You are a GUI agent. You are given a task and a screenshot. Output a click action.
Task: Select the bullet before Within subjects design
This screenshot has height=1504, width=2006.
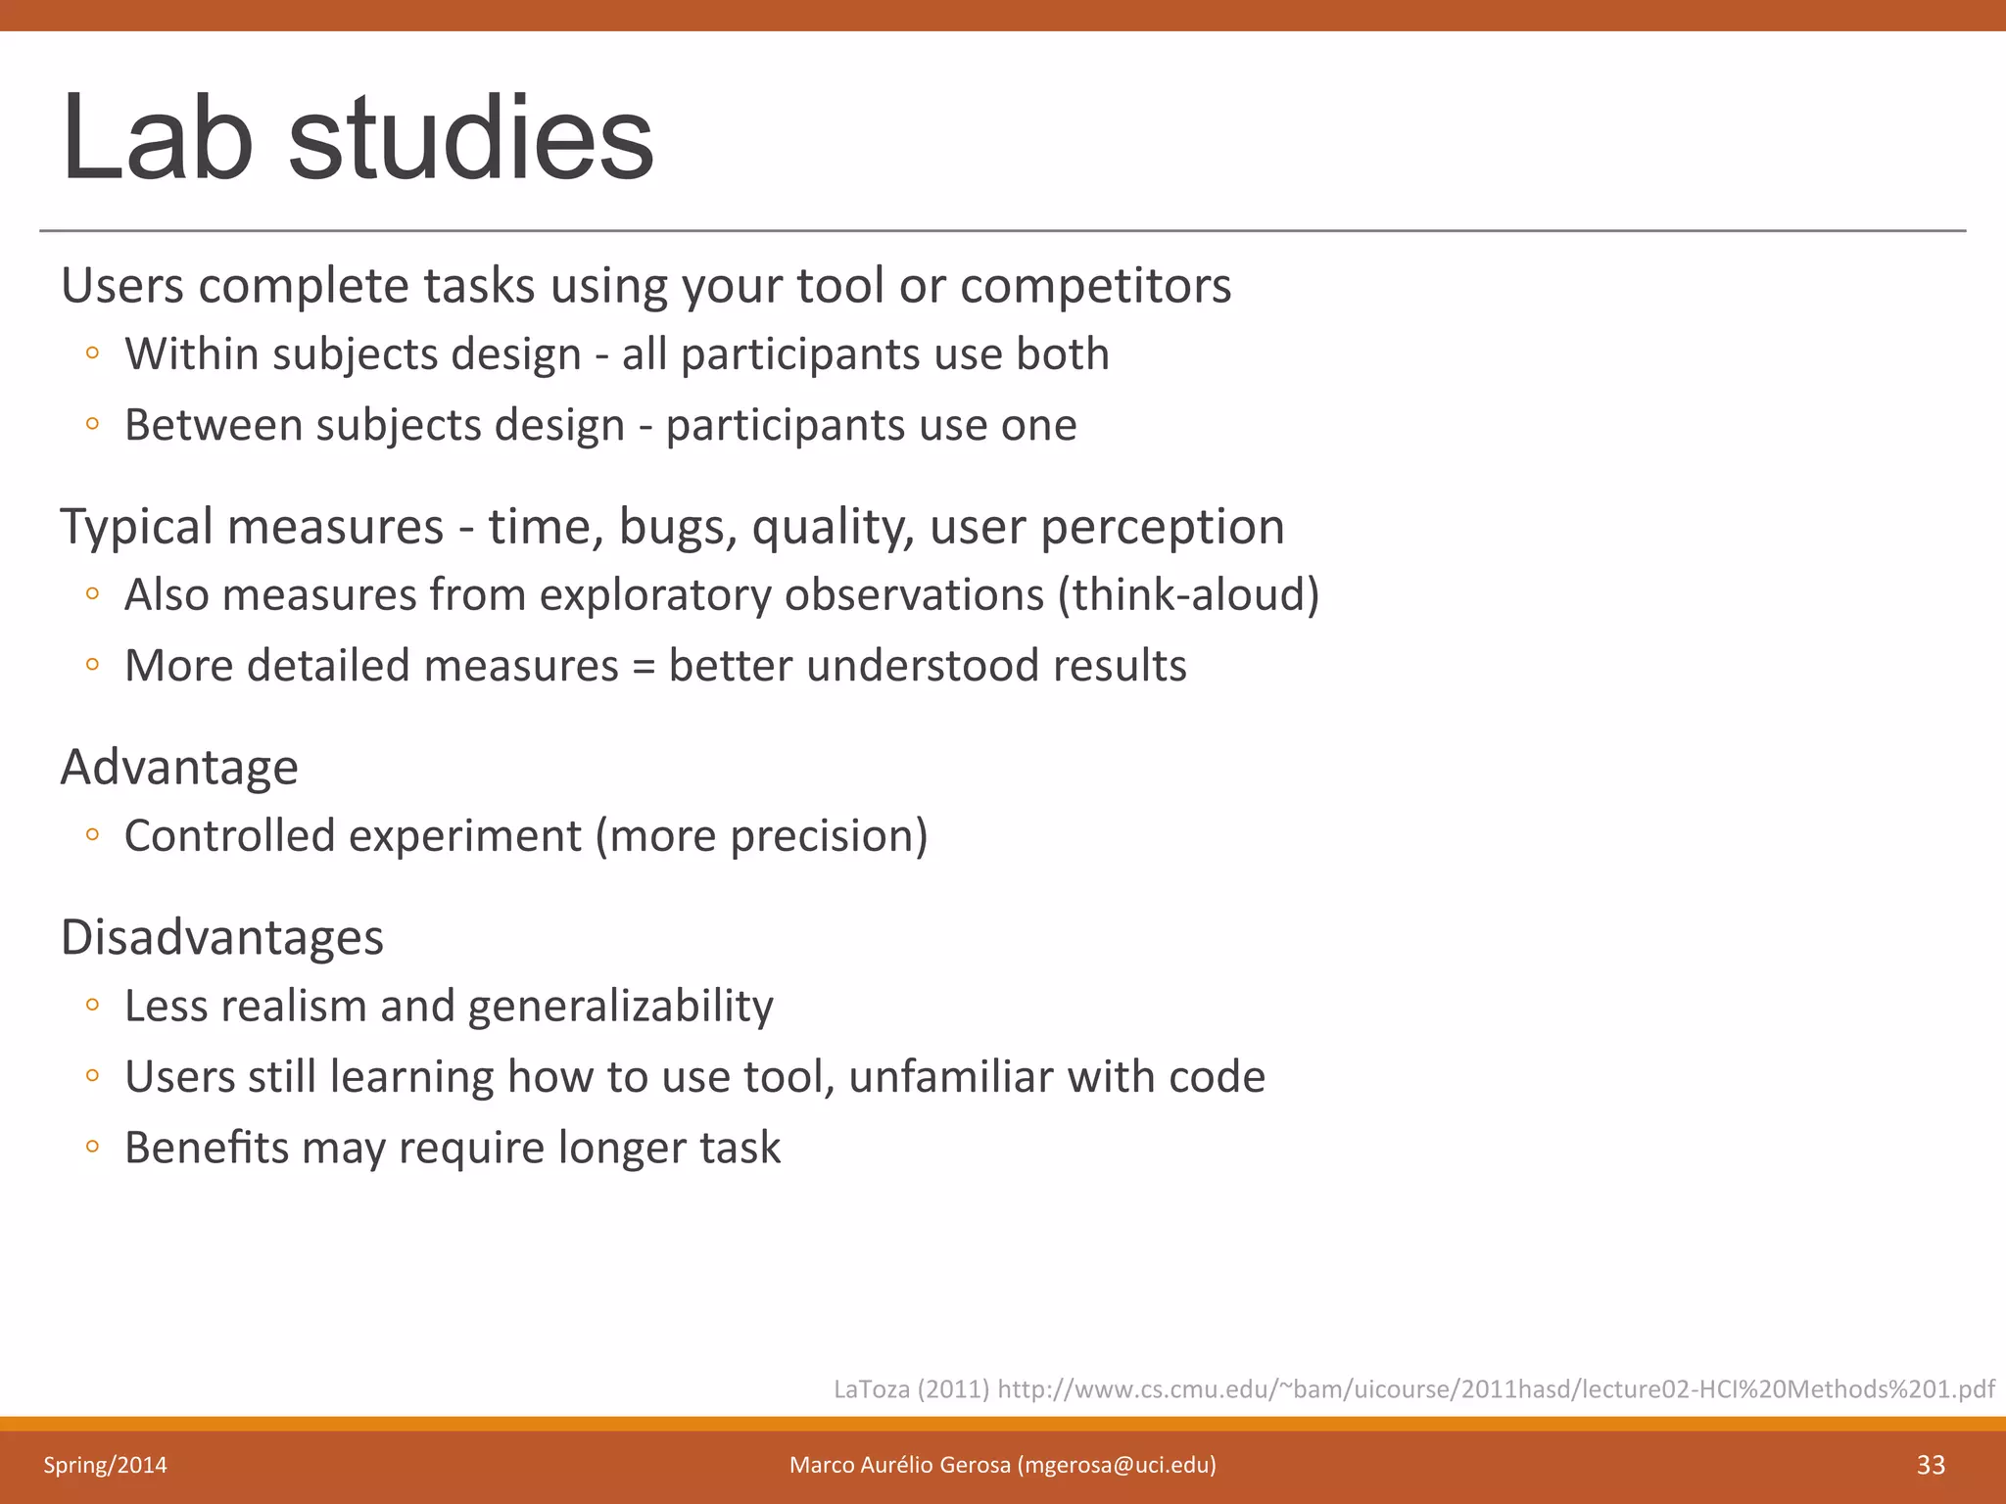(92, 353)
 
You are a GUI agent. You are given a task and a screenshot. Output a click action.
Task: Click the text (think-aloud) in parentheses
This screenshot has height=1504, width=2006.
(1188, 594)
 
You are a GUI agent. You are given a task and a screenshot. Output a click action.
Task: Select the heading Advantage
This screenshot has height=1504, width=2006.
(179, 767)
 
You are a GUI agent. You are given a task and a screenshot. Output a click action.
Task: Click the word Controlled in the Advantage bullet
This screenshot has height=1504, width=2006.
(229, 836)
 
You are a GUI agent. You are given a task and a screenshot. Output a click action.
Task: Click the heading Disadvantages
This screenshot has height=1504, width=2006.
(222, 937)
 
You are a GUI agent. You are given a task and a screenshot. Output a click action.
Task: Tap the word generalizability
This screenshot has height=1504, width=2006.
(621, 1007)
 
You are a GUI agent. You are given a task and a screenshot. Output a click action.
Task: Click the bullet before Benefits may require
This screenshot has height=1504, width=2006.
(92, 1147)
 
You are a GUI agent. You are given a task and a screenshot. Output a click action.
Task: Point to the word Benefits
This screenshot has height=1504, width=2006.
(207, 1148)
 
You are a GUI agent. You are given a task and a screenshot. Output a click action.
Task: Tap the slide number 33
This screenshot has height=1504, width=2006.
(1931, 1465)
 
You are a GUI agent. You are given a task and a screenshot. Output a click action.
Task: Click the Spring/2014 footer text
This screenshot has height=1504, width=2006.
(105, 1465)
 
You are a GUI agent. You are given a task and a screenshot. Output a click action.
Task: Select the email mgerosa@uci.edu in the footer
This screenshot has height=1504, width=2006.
(1117, 1465)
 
